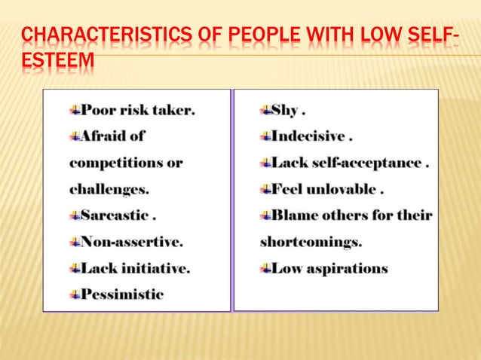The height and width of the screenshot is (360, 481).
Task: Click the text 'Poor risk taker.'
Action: [137, 110]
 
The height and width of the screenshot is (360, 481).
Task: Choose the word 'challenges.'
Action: [109, 189]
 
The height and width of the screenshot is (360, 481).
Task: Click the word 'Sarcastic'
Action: [114, 215]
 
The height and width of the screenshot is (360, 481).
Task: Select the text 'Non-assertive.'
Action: [132, 242]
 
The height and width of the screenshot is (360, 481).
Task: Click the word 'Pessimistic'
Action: [122, 294]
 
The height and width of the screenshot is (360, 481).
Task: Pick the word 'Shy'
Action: [285, 110]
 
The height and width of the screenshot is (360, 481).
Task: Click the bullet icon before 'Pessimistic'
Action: [75, 294]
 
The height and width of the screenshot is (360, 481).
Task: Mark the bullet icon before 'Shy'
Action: [265, 110]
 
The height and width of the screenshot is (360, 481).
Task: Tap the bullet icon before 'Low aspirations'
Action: [265, 268]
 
